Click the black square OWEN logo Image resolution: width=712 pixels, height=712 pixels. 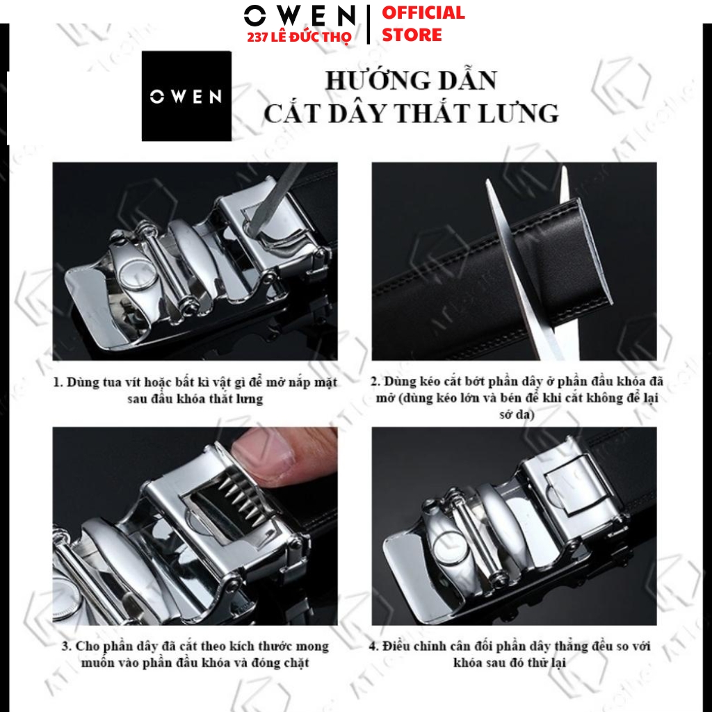(x=186, y=96)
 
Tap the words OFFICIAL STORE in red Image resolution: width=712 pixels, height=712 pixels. (x=423, y=24)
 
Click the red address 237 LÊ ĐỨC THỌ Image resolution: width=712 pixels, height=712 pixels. (x=300, y=38)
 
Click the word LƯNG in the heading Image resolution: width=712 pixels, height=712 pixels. (x=519, y=113)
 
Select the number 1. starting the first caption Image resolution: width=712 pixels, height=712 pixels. (x=58, y=382)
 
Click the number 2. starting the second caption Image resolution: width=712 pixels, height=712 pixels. (x=375, y=381)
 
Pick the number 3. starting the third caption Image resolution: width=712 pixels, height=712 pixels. (x=67, y=646)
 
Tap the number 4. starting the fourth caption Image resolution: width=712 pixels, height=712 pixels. (x=373, y=646)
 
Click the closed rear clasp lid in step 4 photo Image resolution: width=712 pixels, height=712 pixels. (x=573, y=485)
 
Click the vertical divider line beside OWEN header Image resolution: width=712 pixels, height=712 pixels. (x=368, y=24)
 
